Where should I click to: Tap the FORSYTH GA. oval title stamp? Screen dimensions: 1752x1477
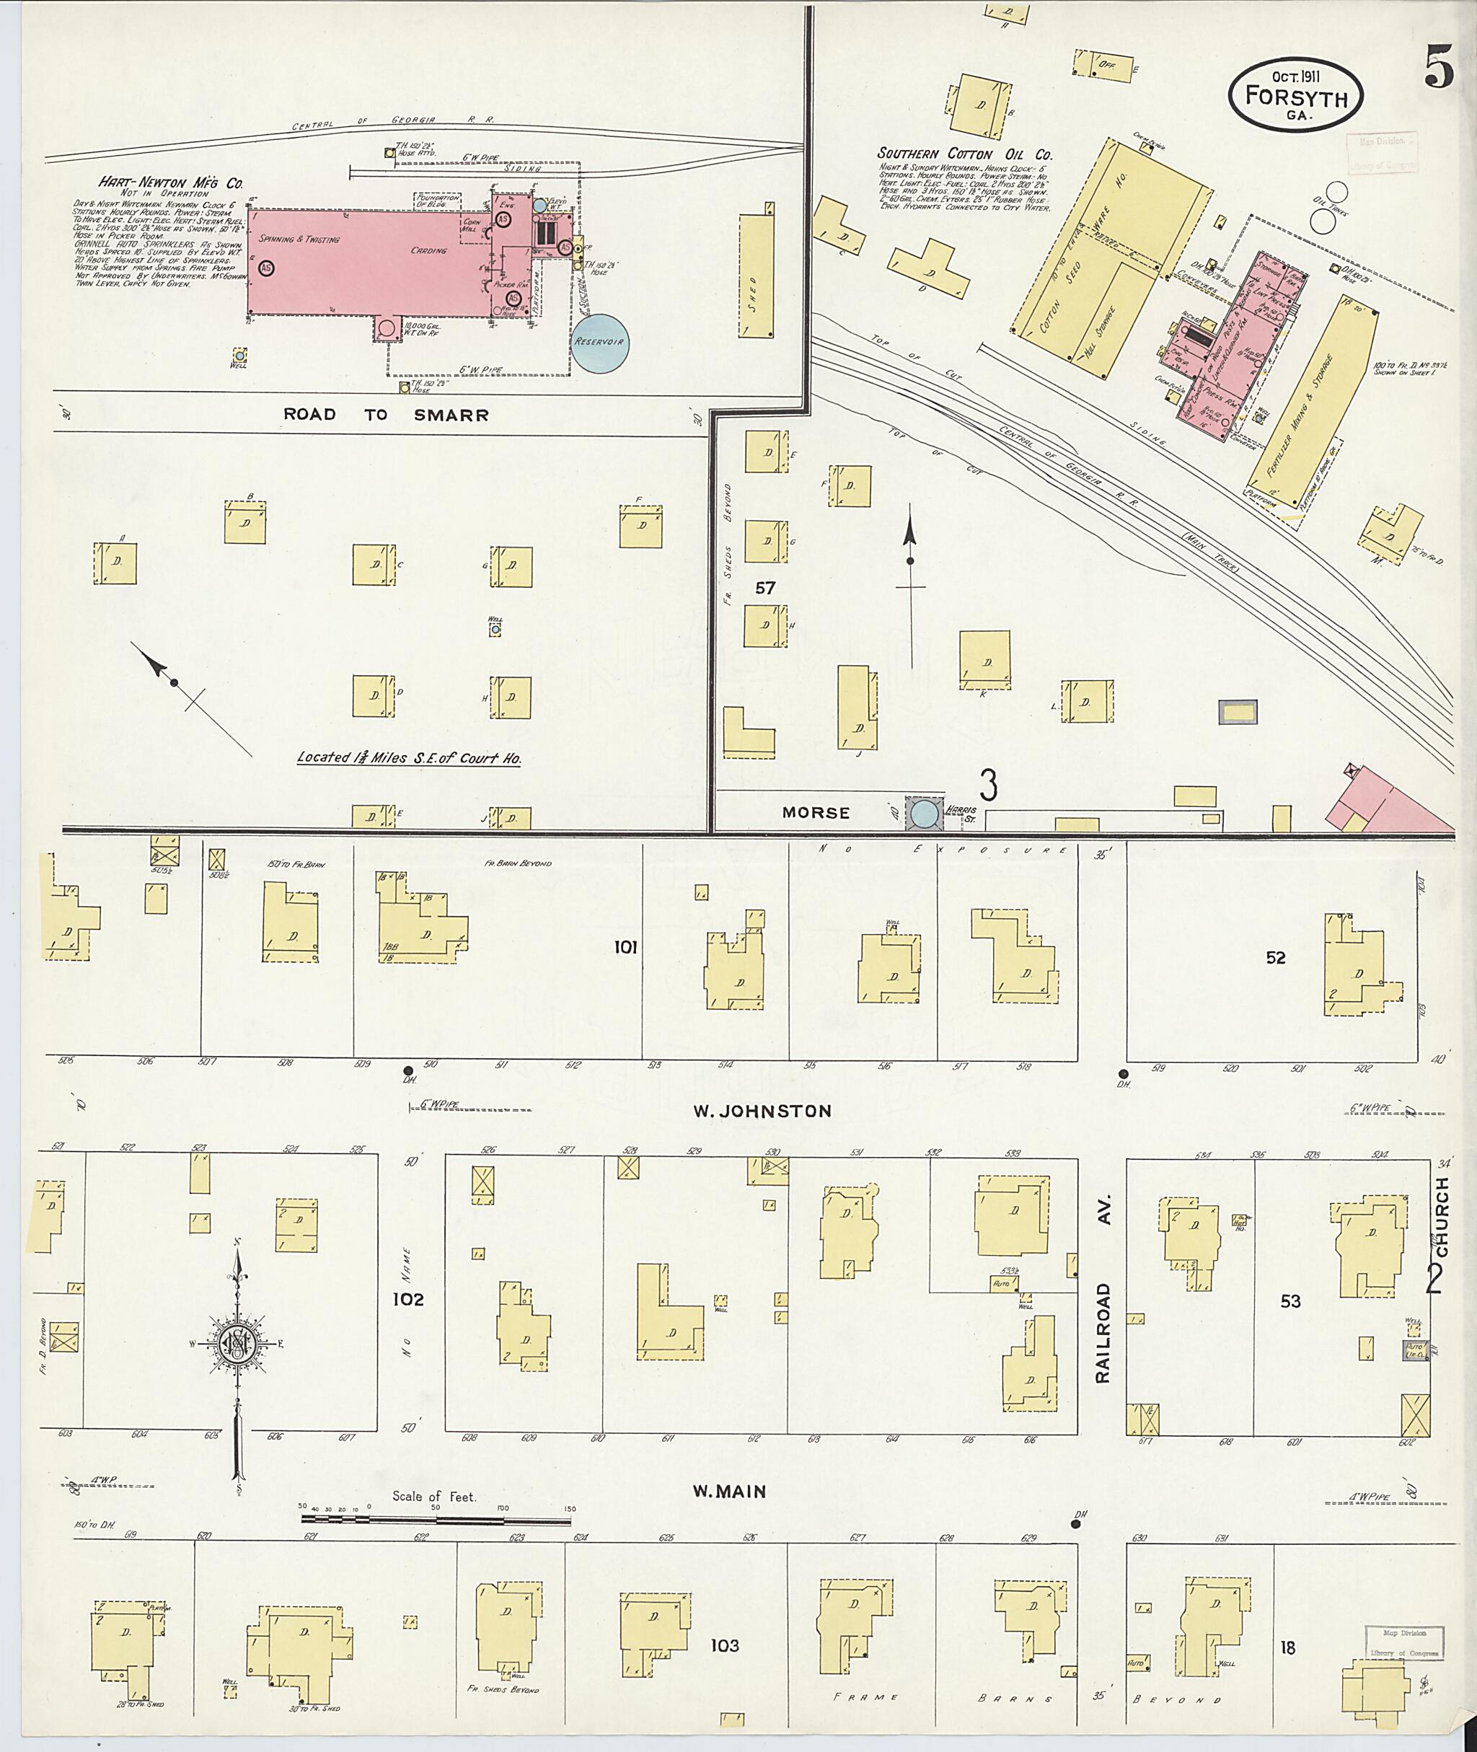1295,99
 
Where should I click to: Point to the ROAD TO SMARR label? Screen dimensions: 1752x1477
385,415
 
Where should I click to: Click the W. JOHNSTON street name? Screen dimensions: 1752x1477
761,1111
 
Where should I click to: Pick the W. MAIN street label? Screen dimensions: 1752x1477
729,1492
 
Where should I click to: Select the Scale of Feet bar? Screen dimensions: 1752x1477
437,1518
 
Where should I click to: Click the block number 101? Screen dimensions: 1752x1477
625,947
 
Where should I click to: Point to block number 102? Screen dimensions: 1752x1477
410,1300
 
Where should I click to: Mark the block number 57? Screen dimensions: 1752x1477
765,588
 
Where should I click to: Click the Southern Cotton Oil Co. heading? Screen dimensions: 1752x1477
964,154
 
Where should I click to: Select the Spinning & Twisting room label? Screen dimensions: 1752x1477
299,239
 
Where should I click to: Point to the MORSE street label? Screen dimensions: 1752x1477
816,812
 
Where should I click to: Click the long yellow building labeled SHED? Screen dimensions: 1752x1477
756,276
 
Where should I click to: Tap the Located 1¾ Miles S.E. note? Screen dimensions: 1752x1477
410,757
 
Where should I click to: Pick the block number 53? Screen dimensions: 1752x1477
1290,1300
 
